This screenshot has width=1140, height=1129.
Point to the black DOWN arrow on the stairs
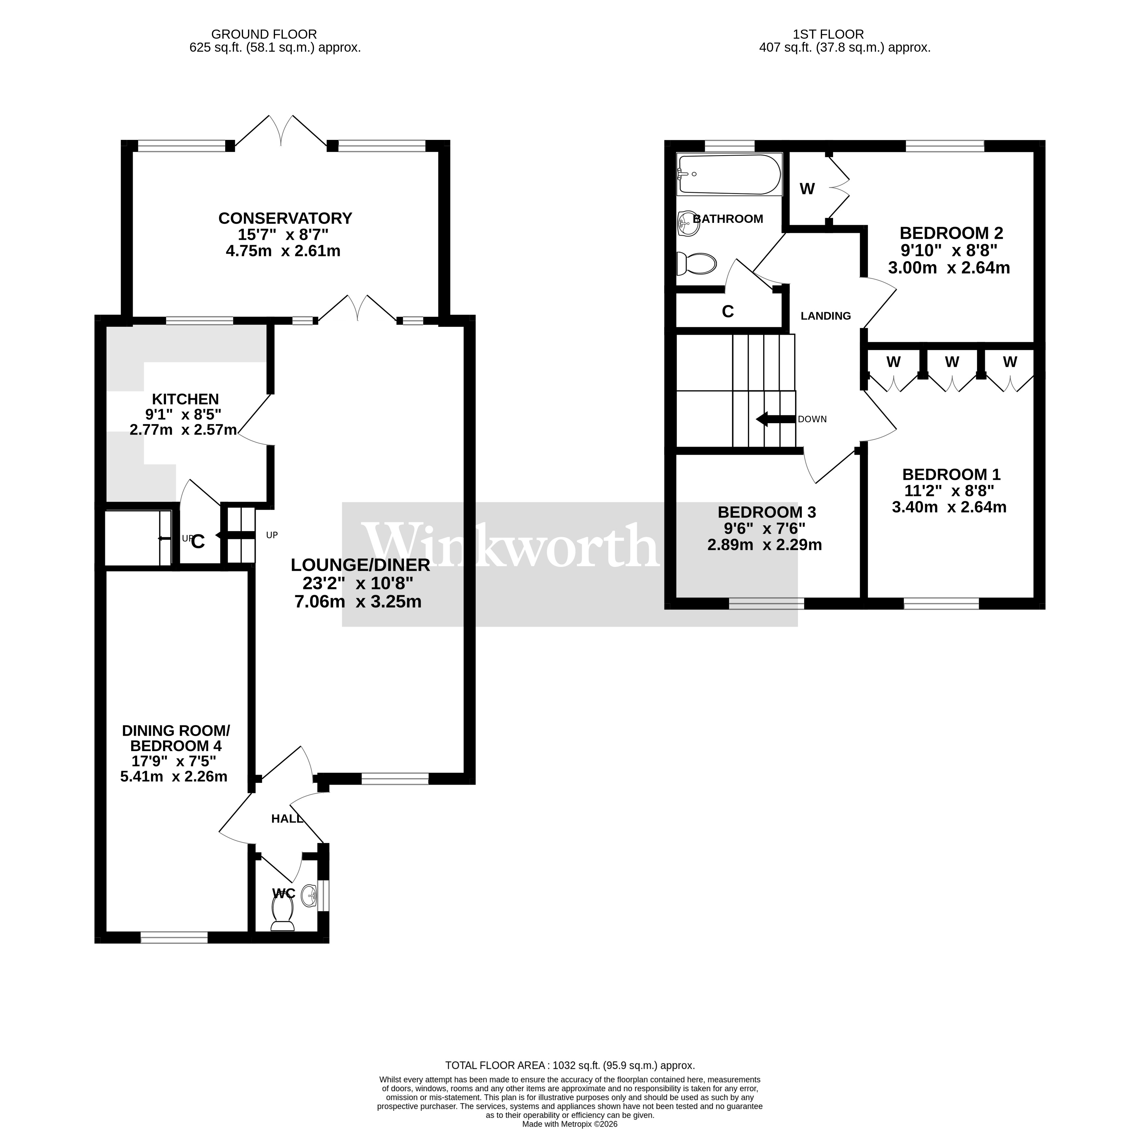[775, 419]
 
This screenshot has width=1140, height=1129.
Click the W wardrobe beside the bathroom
[807, 189]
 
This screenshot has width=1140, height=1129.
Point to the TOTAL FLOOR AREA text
[570, 1082]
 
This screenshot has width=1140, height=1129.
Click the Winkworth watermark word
[510, 545]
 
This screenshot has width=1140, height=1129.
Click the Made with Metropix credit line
[570, 1124]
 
